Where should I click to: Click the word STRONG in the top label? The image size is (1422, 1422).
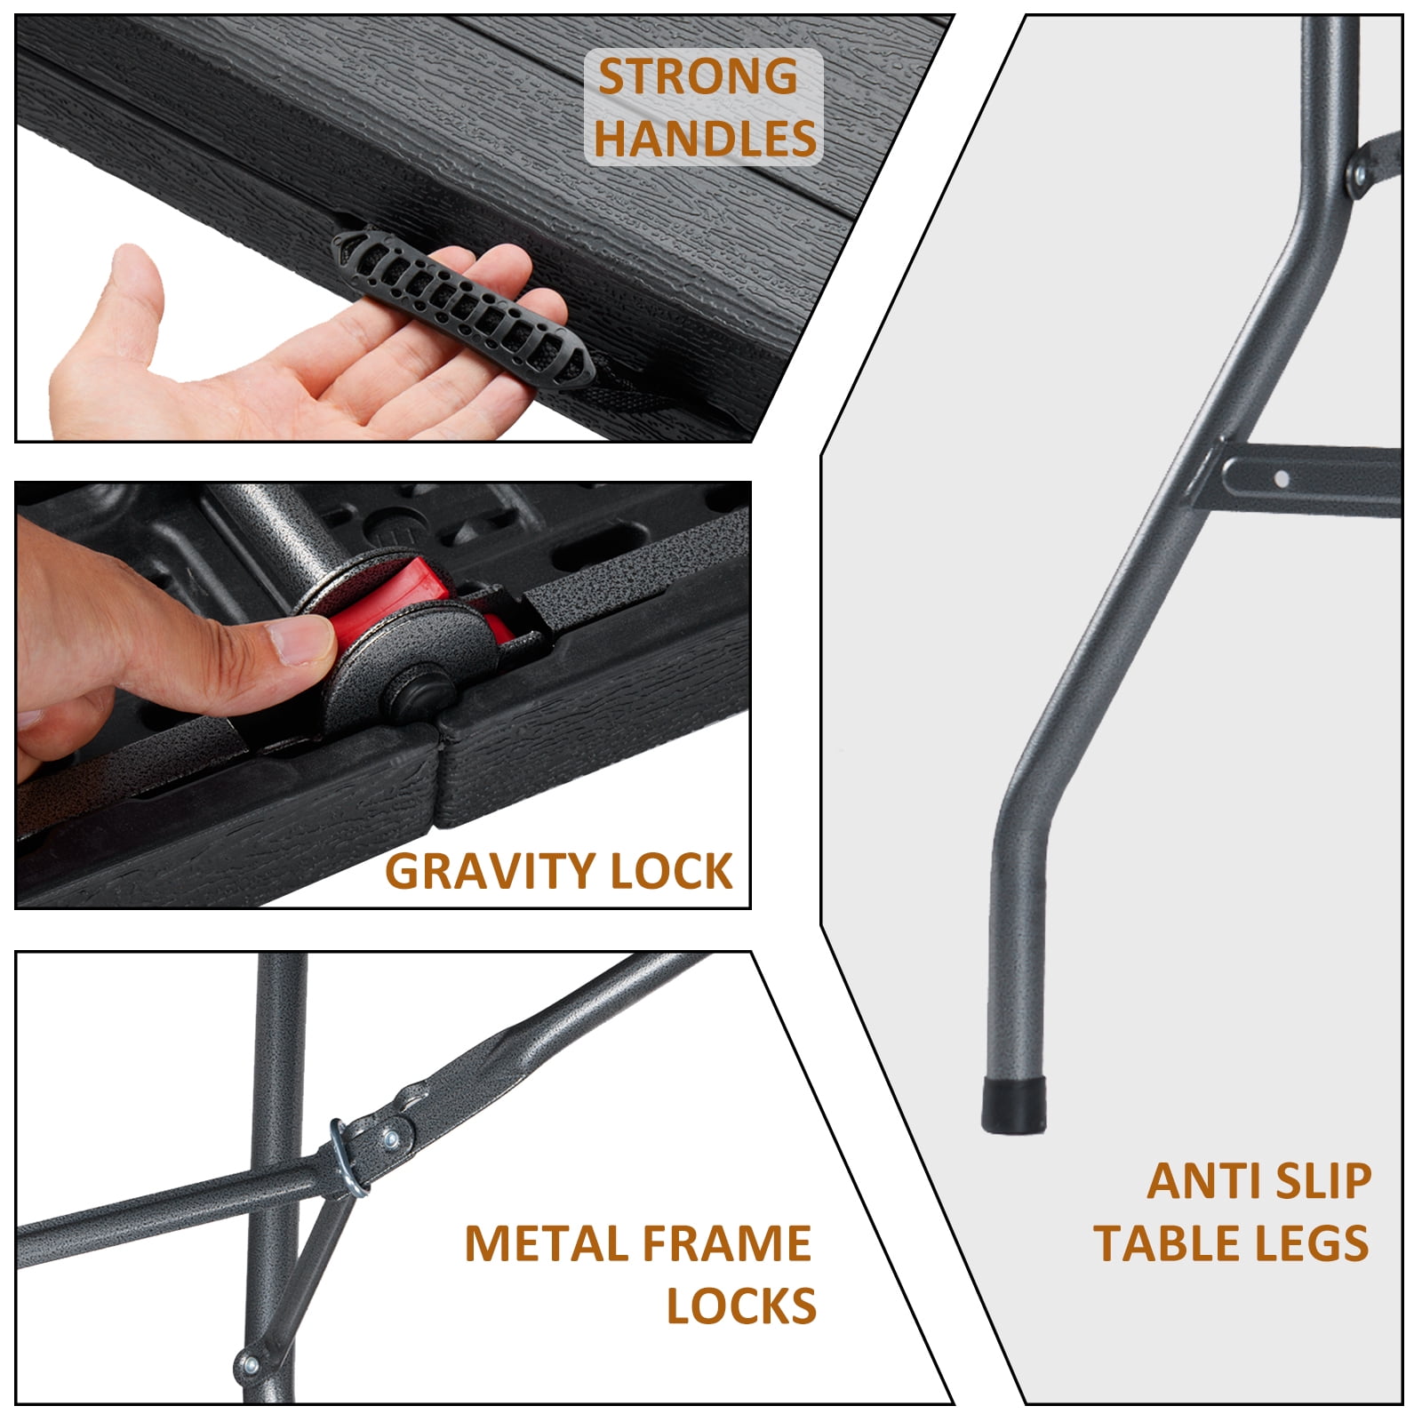click(x=699, y=76)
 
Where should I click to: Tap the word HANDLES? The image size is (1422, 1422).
click(x=706, y=138)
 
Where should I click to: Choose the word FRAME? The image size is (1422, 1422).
click(x=726, y=1243)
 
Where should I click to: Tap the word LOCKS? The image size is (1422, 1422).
click(x=741, y=1306)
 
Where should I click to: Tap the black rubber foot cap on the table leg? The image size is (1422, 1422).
click(x=1014, y=1106)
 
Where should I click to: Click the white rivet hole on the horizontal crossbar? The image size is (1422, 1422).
click(x=1281, y=479)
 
